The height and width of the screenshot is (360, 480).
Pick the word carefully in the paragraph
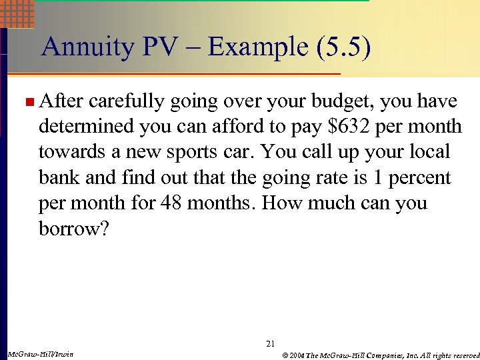coord(127,101)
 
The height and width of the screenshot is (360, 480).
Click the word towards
coord(67,152)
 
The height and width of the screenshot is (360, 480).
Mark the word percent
coord(417,178)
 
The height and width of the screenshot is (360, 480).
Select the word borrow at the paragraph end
coord(66,229)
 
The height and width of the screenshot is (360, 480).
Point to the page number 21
coord(270,344)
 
